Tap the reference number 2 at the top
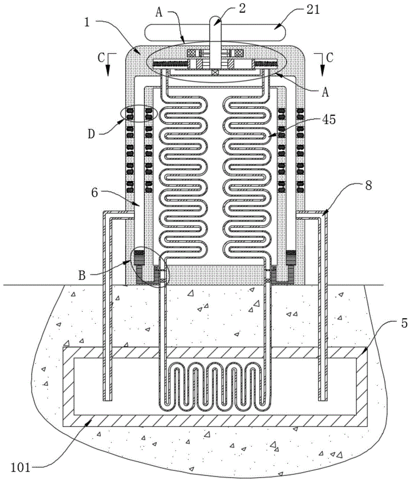point(242,8)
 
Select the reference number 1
point(87,22)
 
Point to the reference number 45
point(328,120)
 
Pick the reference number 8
point(368,186)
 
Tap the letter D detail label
point(91,134)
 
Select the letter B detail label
point(82,275)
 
